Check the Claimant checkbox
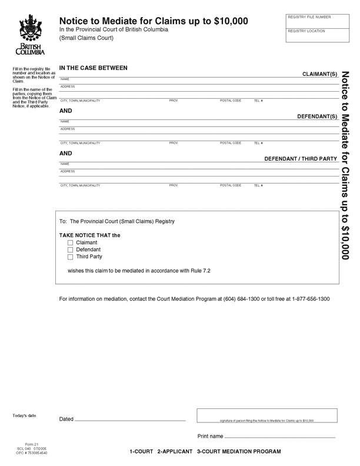(71, 242)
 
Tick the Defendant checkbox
(71, 249)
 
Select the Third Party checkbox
(71, 257)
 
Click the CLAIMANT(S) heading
(319, 74)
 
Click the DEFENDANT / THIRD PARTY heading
(301, 159)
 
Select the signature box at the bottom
(267, 414)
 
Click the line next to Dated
(130, 418)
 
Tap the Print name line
(279, 436)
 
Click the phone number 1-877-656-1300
(311, 299)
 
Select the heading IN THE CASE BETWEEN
(93, 68)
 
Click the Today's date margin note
(25, 416)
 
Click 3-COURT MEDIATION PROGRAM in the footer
(239, 451)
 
